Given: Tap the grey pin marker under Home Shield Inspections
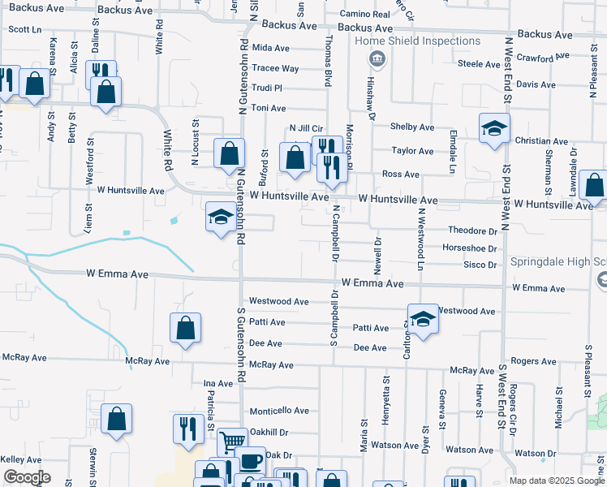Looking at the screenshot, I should [x=377, y=58].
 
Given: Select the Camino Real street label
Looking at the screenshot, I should [x=365, y=15].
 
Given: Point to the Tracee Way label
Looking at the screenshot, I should [x=275, y=68].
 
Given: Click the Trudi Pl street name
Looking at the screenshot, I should [x=266, y=88].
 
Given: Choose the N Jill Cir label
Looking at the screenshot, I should [x=307, y=128].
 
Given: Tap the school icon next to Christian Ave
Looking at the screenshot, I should [x=494, y=130].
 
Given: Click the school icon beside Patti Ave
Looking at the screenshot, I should [x=422, y=320].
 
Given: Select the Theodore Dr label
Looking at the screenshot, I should [x=472, y=231].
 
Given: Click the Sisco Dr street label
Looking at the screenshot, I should [x=480, y=265].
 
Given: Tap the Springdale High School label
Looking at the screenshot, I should [x=558, y=263].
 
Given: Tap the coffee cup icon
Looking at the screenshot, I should [x=250, y=460].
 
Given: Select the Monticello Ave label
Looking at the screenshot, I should [x=279, y=411].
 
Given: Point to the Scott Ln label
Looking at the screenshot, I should [x=24, y=28].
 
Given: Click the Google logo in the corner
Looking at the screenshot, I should [x=27, y=477].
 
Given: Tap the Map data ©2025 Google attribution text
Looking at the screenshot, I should [x=556, y=481].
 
